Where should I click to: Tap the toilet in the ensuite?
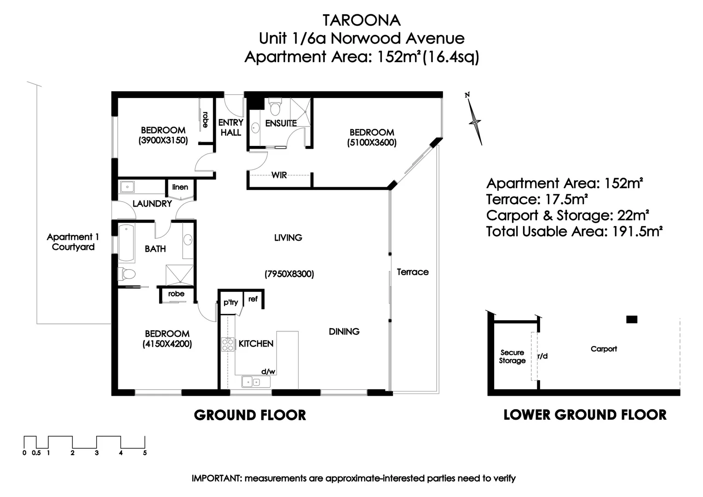275,107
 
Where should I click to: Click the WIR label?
279,175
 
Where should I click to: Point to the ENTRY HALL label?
230,127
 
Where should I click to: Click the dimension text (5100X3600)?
372,143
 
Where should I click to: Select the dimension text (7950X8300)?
289,274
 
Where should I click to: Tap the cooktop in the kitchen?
227,344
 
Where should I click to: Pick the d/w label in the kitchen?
268,371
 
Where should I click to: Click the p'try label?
230,302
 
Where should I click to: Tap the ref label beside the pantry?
253,299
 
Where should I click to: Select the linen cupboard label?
180,187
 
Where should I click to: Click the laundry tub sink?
127,187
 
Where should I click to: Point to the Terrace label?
413,272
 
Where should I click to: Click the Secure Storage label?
512,357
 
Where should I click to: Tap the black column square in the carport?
632,319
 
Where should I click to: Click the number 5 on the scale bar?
145,453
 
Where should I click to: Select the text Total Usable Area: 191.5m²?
574,231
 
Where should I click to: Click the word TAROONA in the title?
361,20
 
